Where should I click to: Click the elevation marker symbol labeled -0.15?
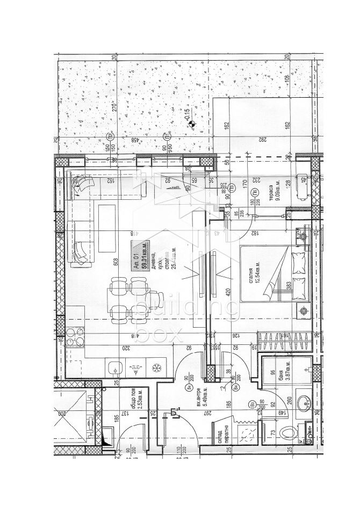click(x=190, y=125)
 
